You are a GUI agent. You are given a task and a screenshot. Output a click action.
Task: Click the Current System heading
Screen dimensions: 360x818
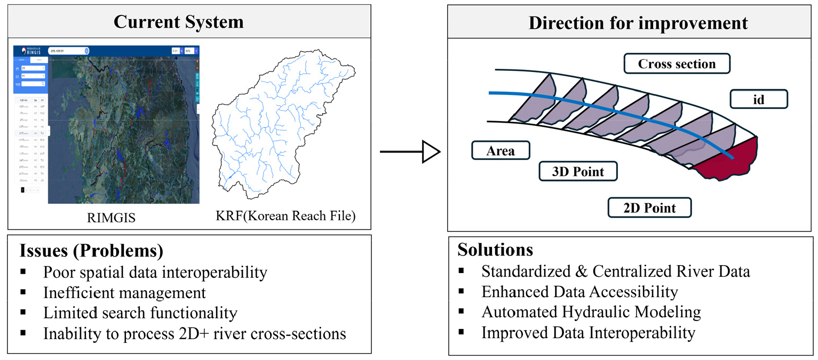pos(178,22)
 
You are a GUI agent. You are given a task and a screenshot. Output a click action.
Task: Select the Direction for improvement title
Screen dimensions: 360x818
pos(638,23)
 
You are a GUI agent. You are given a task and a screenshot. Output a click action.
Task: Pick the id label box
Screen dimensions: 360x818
pos(758,99)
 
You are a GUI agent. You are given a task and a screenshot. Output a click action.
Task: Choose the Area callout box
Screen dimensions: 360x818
pos(501,151)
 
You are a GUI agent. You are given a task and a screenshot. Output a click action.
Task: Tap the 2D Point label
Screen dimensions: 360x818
pos(649,207)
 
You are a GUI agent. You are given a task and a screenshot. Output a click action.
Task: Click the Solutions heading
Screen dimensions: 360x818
pos(495,250)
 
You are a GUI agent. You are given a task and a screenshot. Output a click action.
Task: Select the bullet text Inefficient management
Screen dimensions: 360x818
pos(124,293)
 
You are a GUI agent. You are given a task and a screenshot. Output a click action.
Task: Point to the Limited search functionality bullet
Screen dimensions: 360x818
pos(140,313)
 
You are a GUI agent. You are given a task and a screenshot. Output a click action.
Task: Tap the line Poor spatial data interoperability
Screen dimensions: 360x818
pos(155,273)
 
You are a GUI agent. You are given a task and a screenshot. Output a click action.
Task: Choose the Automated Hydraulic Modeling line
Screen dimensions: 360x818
pos(591,312)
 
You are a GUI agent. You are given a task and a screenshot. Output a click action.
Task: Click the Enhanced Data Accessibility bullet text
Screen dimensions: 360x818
pos(579,292)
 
